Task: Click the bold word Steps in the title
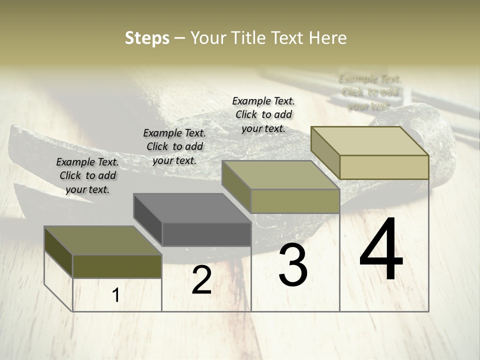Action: point(146,38)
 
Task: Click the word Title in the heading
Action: point(250,38)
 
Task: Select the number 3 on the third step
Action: point(293,265)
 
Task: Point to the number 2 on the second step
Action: point(201,280)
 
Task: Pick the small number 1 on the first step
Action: point(116,295)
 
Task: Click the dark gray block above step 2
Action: point(206,234)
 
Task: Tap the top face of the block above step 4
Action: point(370,141)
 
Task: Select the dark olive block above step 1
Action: point(117,266)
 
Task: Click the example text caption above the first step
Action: point(87,175)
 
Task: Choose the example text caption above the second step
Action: point(174,146)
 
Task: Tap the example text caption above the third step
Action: point(263,114)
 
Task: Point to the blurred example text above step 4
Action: point(370,92)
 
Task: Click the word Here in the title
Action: point(327,38)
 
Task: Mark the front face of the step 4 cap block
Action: point(384,167)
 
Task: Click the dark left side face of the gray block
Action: point(148,219)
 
